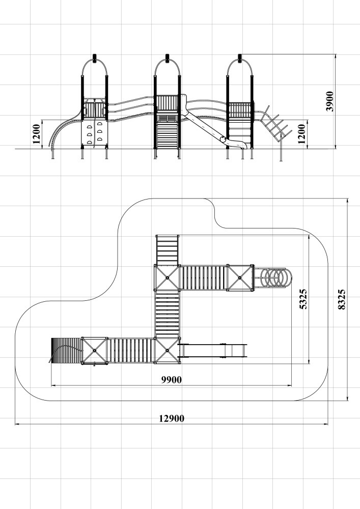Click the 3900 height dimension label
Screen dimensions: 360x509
click(330, 101)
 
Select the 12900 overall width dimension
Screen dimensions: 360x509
click(172, 418)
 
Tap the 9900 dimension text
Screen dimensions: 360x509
click(172, 380)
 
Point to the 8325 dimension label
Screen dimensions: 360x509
click(342, 299)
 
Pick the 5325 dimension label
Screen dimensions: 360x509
click(303, 299)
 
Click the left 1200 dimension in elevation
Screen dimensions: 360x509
click(36, 134)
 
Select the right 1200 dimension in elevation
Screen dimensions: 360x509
click(301, 134)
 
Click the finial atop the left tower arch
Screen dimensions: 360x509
click(95, 58)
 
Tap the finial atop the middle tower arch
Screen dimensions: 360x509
click(168, 58)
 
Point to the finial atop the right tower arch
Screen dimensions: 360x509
click(240, 58)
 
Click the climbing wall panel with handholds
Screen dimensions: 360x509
click(94, 133)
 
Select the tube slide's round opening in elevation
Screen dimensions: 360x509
click(223, 139)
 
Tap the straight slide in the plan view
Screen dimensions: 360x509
click(213, 351)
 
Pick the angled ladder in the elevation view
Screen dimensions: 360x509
click(275, 124)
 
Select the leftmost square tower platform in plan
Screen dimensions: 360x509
click(95, 351)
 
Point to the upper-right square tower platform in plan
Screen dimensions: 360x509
click(240, 277)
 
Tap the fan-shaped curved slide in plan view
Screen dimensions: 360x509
click(66, 351)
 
